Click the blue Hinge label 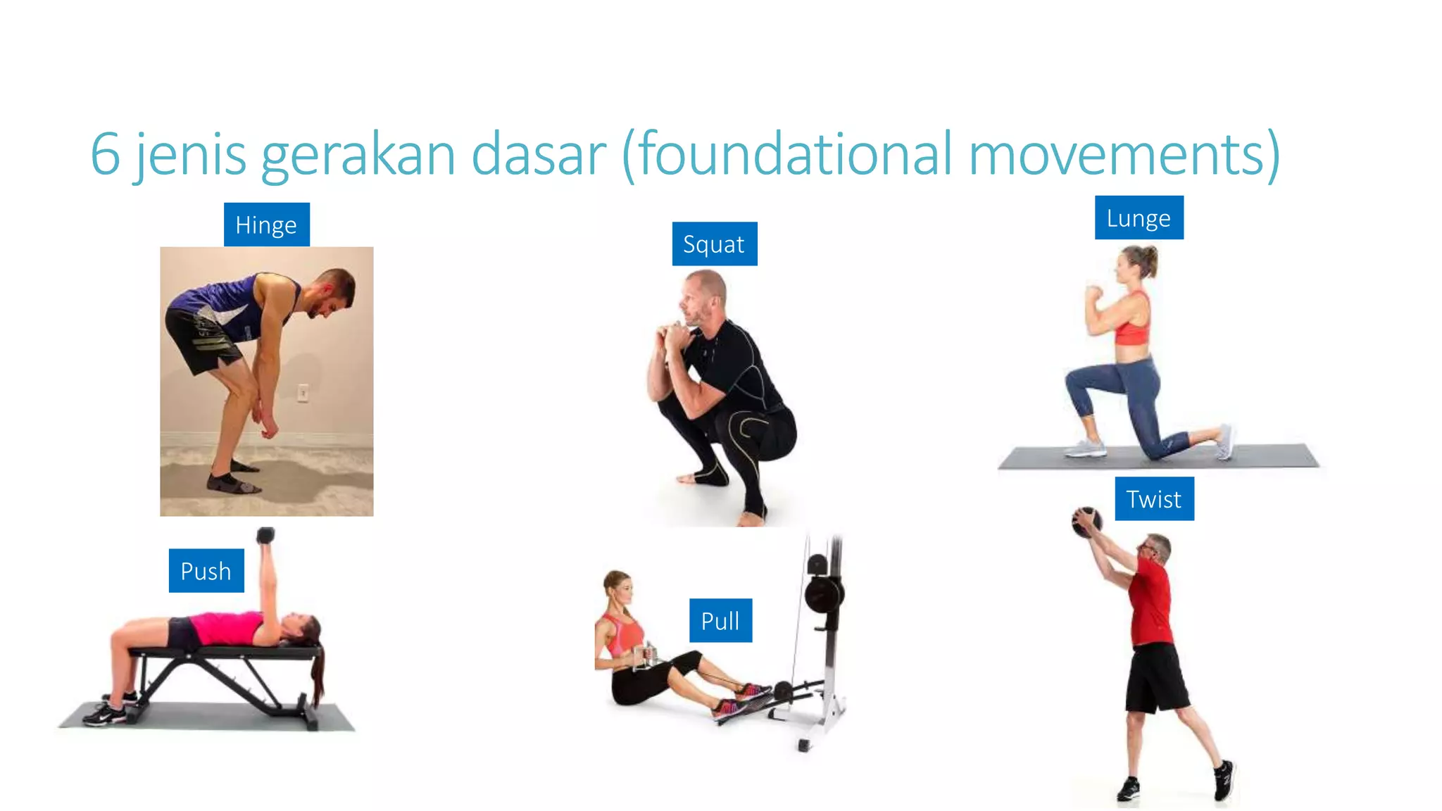tap(266, 225)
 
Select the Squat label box tap(714, 244)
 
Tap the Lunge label tap(1139, 218)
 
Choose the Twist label tap(1154, 498)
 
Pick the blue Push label tap(206, 570)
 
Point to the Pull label tap(720, 620)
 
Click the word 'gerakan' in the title tap(358, 155)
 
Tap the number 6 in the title tap(105, 155)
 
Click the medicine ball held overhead tap(1086, 522)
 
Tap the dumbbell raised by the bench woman tap(265, 536)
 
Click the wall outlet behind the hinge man tap(303, 393)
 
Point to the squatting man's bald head tap(706, 285)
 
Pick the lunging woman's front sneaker tap(1085, 448)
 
